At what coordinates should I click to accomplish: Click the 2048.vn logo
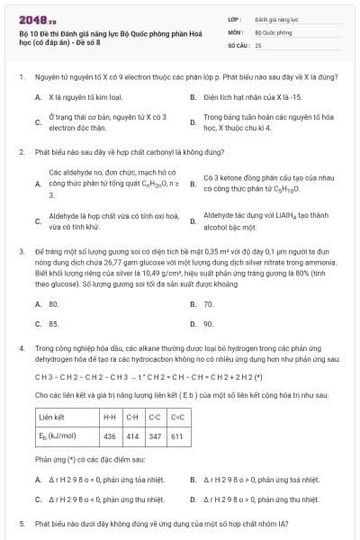point(37,17)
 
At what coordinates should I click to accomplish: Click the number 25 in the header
point(258,44)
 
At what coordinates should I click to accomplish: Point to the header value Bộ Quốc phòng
point(274,31)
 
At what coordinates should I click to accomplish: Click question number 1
point(22,77)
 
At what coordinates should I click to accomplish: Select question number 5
point(22,523)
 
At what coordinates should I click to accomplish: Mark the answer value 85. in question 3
point(54,323)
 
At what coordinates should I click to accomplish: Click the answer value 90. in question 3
point(208,323)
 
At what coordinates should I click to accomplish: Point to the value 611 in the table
point(176,436)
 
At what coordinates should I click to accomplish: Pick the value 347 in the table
point(155,436)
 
